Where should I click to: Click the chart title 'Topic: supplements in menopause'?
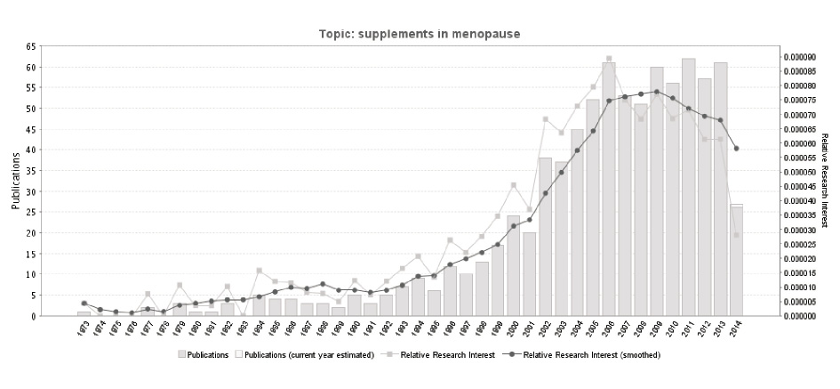tap(420, 34)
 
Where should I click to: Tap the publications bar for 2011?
tap(688, 187)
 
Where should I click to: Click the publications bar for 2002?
tap(545, 237)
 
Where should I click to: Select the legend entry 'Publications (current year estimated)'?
tap(313, 354)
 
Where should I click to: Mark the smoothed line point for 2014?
tap(736, 149)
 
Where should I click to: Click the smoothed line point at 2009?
tap(657, 92)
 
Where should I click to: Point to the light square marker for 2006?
tap(609, 59)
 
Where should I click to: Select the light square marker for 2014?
tap(736, 235)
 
